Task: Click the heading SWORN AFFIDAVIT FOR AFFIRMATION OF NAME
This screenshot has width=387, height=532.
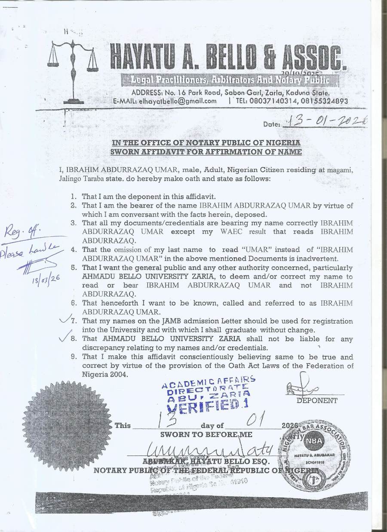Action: coord(206,152)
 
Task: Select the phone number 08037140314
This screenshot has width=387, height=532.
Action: coord(270,101)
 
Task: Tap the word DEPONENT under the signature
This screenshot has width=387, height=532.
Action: coord(317,401)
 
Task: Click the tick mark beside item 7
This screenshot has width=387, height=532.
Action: coord(66,319)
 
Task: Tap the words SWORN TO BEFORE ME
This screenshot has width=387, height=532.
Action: coord(206,434)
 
